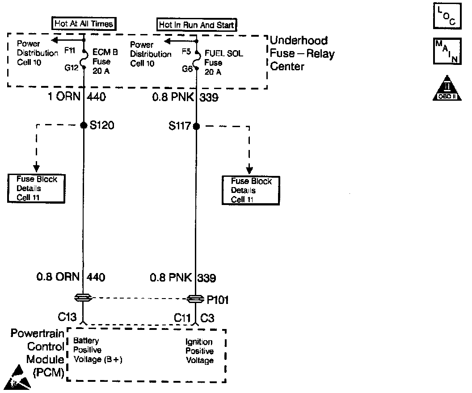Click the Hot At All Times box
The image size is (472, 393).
[x=84, y=23]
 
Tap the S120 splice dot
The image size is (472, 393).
[x=84, y=126]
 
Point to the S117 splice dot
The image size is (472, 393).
[x=196, y=126]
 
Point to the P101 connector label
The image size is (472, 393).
[x=218, y=300]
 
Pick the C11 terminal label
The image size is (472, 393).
[x=182, y=318]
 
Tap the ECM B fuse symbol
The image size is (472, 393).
[x=84, y=59]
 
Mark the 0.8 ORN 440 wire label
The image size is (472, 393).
[x=71, y=278]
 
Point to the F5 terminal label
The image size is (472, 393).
[x=186, y=51]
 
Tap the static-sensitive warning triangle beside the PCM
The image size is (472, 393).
[x=19, y=377]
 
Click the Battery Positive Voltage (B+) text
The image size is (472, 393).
[x=98, y=350]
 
